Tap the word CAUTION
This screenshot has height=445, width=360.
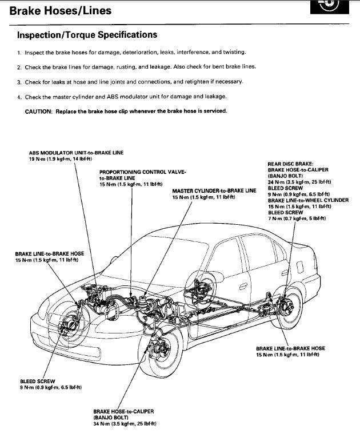pyautogui.click(x=38, y=111)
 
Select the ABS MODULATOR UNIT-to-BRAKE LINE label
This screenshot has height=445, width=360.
pyautogui.click(x=76, y=153)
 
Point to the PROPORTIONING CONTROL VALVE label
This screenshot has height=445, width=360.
pyautogui.click(x=141, y=172)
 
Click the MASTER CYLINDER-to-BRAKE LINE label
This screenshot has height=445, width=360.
pyautogui.click(x=214, y=190)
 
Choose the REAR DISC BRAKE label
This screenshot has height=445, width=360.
pyautogui.click(x=290, y=163)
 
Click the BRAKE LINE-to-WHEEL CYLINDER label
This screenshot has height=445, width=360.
pyautogui.click(x=308, y=200)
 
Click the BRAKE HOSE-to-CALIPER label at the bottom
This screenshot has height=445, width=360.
pyautogui.click(x=123, y=411)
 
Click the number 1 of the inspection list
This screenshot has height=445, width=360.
pyautogui.click(x=19, y=53)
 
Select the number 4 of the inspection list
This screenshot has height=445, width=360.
pyautogui.click(x=19, y=97)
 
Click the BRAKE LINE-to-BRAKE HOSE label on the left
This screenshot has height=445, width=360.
pyautogui.click(x=49, y=253)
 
